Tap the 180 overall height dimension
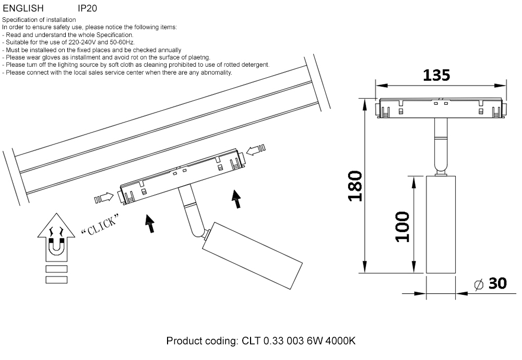coord(355,186)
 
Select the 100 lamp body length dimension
coord(402,226)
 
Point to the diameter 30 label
coord(491,284)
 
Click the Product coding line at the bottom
coord(260,341)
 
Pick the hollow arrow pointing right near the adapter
coord(104,198)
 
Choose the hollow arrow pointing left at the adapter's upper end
coord(256,150)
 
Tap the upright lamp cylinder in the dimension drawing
coord(441,224)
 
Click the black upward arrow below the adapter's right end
coord(238,199)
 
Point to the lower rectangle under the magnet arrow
coord(56,280)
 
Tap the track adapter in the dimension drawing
coord(442,108)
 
